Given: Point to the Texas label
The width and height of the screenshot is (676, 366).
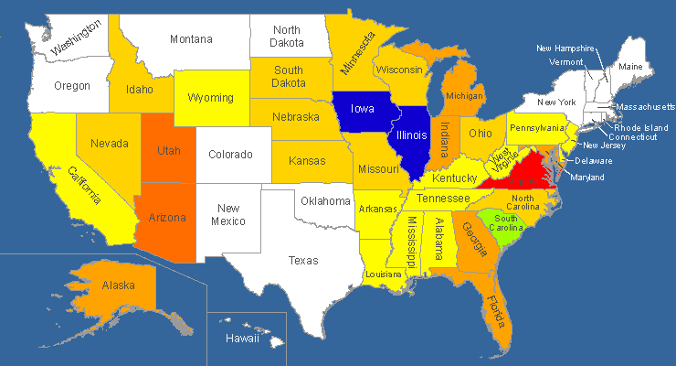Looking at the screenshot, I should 304,261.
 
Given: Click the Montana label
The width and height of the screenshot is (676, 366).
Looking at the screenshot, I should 192,39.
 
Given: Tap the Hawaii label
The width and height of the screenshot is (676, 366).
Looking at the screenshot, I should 242,339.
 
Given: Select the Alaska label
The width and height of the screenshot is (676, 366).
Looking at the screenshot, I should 119,285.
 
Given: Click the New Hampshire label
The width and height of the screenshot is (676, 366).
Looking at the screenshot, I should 565,48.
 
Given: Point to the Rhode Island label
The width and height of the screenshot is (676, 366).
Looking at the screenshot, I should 640,127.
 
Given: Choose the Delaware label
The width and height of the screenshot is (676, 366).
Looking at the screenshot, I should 594,161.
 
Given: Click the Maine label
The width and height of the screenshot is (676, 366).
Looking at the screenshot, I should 630,67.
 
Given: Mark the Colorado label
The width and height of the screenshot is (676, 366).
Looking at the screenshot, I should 231,155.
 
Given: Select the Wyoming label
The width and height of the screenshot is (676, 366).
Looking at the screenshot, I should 210,98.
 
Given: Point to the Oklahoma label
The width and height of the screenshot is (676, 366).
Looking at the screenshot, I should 326,200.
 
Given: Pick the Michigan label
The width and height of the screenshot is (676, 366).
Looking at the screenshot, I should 465,96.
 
